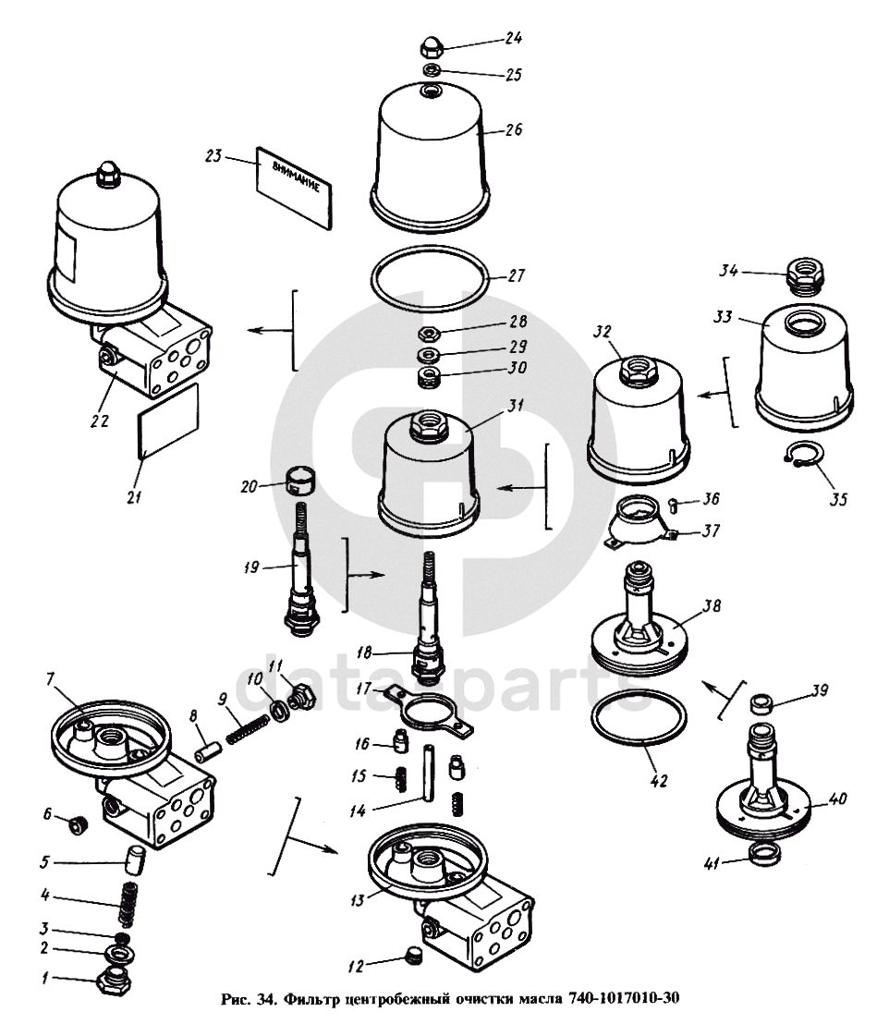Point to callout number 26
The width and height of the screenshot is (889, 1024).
pos(514,129)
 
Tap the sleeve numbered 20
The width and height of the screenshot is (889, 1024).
pos(298,482)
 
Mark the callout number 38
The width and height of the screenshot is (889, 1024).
pos(712,607)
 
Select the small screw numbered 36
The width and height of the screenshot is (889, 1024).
pos(674,503)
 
